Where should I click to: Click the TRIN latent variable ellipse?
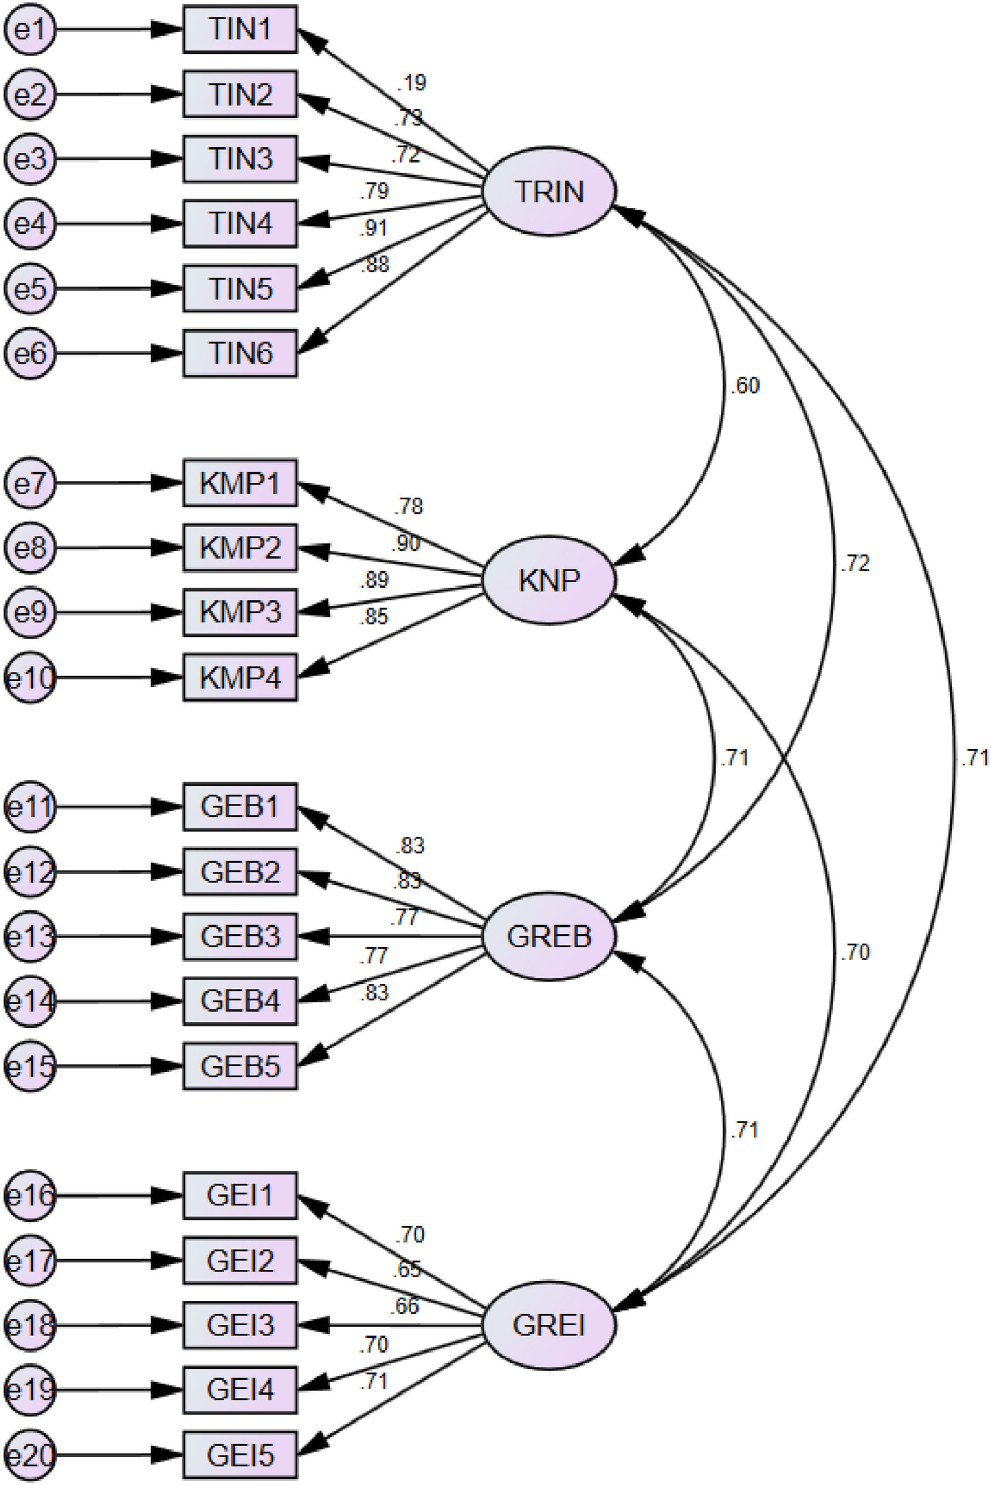[549, 191]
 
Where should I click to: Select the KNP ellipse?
[549, 580]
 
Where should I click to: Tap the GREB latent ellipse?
[549, 936]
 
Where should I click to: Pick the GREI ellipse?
[549, 1325]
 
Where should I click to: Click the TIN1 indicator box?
[240, 29]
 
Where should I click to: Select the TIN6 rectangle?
[240, 353]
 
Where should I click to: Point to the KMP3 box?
[240, 613]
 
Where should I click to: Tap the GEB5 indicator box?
[240, 1067]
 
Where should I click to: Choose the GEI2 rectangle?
[240, 1261]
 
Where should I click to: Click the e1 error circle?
[29, 29]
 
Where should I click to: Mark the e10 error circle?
[29, 678]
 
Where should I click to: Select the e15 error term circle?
[29, 1067]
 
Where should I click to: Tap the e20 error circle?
[29, 1456]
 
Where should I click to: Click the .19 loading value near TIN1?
[412, 83]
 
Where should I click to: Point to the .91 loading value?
[374, 228]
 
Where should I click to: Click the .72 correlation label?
[855, 564]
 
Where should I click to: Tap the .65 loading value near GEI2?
[406, 1269]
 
